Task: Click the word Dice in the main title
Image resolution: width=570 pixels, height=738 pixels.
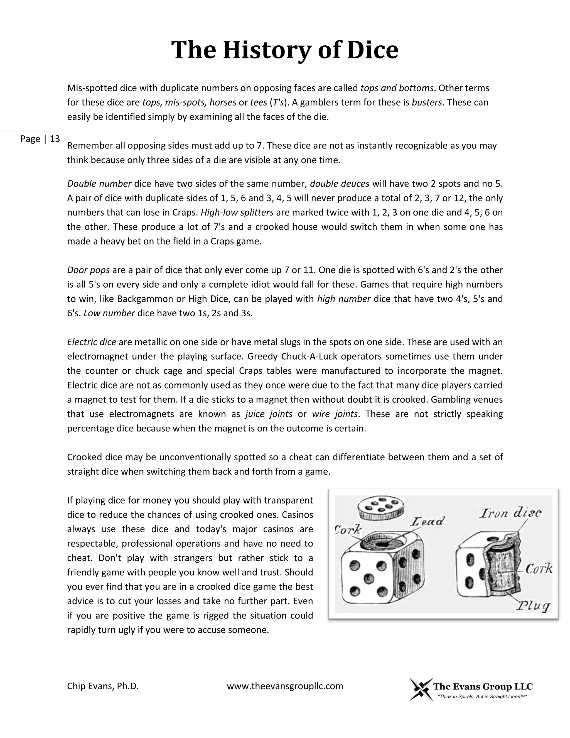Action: click(372, 50)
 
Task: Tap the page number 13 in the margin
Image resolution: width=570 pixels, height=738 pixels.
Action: click(55, 139)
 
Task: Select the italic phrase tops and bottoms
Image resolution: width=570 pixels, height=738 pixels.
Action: click(397, 88)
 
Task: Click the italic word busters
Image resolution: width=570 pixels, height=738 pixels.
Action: click(426, 102)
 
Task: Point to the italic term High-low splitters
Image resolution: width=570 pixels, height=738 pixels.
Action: click(237, 212)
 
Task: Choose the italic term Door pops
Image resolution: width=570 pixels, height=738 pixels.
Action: click(88, 270)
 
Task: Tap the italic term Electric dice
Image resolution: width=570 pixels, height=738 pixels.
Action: click(92, 342)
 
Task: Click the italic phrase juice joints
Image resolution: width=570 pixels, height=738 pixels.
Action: click(269, 414)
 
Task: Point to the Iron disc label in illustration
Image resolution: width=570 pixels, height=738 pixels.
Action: click(510, 513)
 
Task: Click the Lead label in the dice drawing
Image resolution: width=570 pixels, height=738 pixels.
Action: click(427, 521)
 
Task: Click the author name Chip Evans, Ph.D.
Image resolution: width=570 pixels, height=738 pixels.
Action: click(103, 686)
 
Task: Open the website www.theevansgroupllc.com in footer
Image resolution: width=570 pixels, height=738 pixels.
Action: click(285, 686)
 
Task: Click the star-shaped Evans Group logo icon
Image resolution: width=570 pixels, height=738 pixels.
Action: click(421, 689)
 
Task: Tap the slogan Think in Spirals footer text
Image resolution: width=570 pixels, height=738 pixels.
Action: click(482, 697)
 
